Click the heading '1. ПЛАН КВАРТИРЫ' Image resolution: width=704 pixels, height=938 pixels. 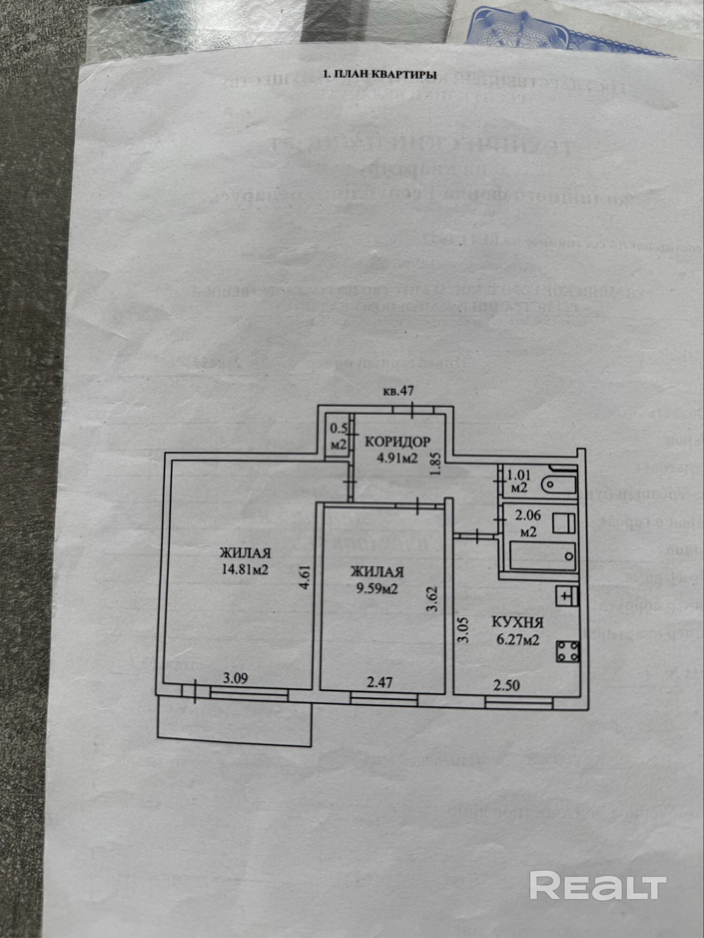(380, 74)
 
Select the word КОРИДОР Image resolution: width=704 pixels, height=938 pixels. (397, 442)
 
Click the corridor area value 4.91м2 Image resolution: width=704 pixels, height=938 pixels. (397, 458)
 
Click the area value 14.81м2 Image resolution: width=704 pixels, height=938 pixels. (245, 569)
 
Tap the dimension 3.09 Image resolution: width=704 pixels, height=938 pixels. (235, 679)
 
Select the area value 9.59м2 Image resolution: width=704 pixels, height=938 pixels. (377, 588)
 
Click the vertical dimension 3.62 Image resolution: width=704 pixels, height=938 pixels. (432, 599)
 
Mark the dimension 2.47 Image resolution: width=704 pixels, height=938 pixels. (379, 682)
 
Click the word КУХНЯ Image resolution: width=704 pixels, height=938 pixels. (517, 622)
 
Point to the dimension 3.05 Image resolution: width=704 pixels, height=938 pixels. (463, 630)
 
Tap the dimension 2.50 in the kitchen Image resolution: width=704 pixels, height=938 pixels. (506, 685)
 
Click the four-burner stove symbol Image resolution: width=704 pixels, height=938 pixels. (568, 651)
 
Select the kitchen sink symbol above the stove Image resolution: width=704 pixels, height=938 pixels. (567, 596)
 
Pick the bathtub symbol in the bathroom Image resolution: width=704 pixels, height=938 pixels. (543, 556)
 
